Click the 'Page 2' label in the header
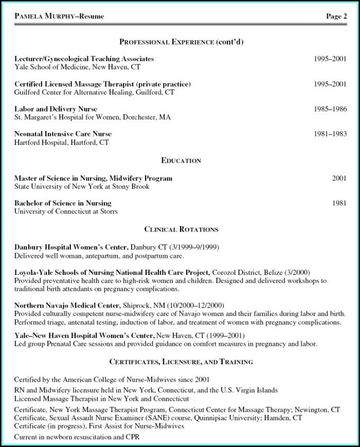336,16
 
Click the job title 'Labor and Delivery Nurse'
56,109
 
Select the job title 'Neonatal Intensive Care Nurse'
63,134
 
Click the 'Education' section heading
181,161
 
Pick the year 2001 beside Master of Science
339,178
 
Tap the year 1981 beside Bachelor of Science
339,203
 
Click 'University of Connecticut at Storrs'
66,211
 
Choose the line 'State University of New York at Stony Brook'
82,187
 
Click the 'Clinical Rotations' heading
181,229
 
